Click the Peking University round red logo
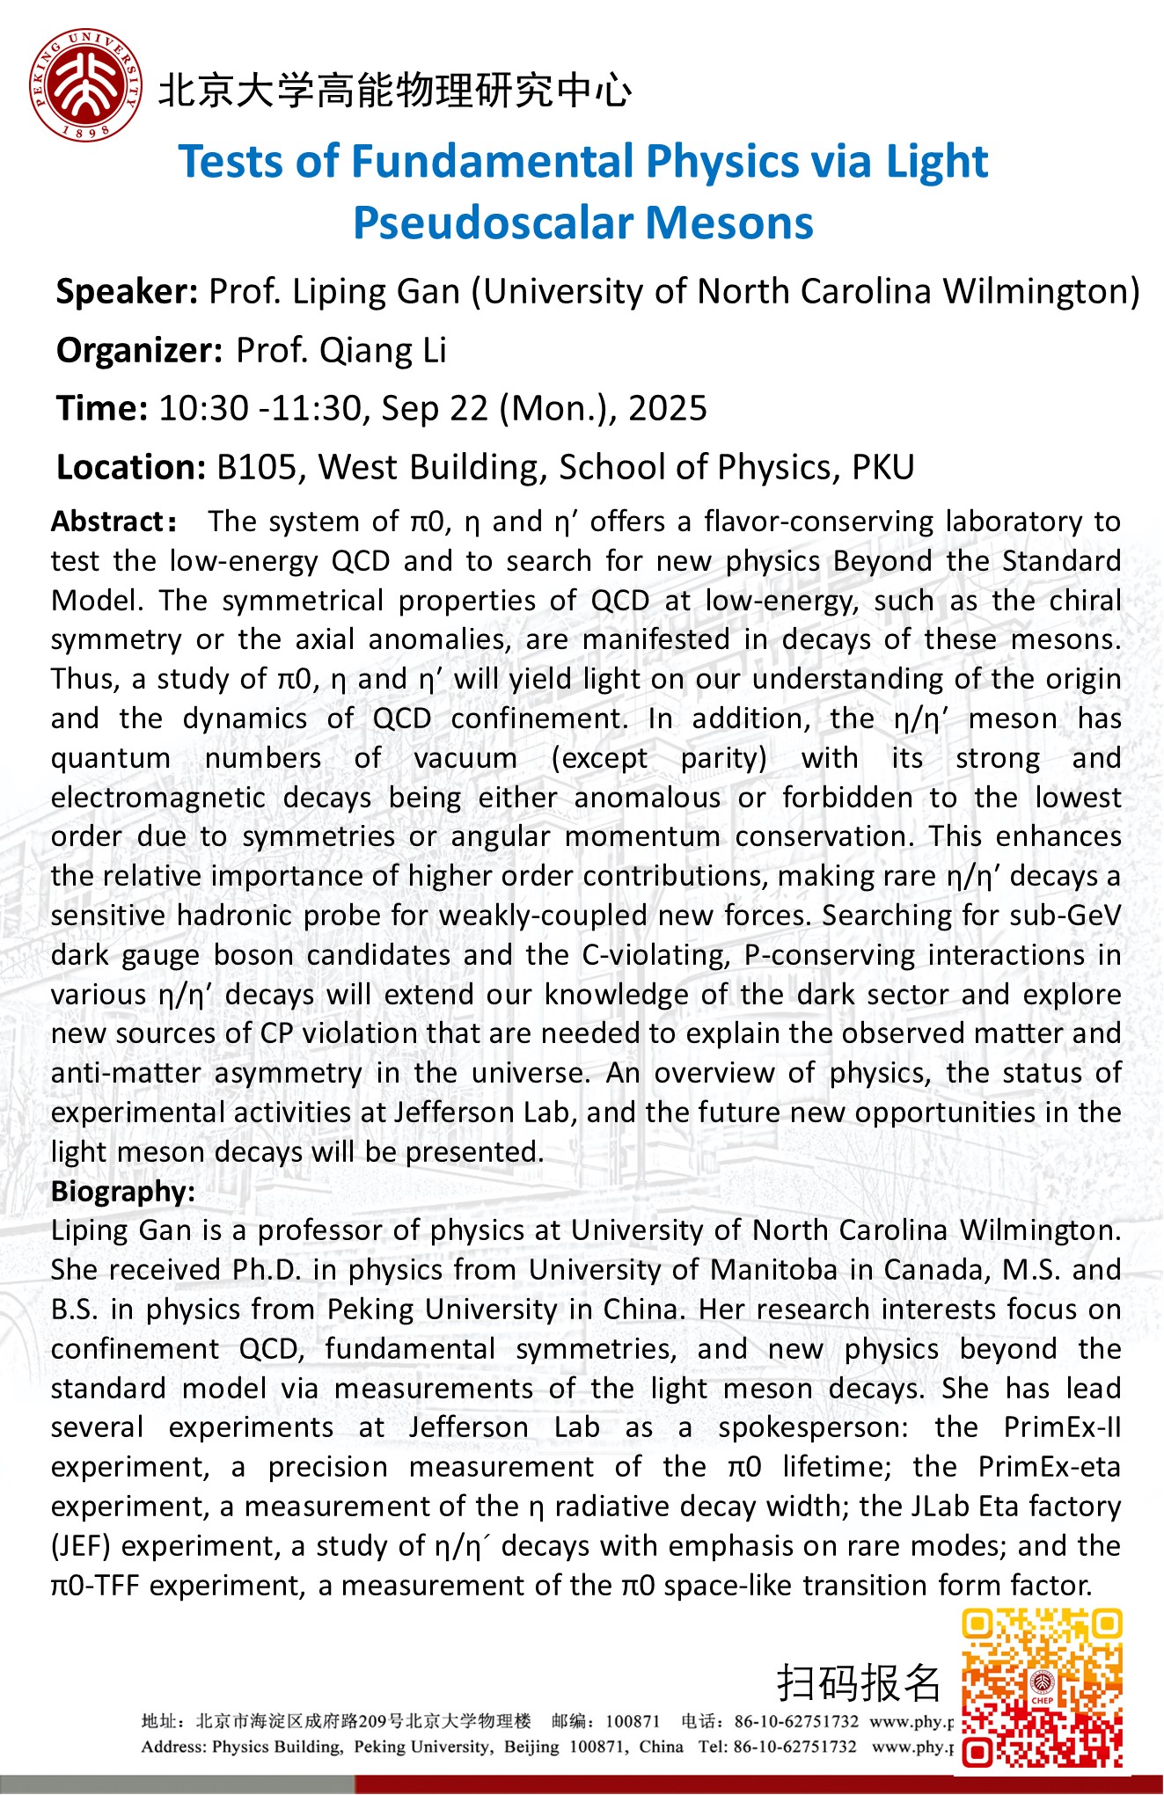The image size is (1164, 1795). click(85, 85)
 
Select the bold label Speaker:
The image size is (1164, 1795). click(127, 292)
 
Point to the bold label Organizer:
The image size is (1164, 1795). click(139, 351)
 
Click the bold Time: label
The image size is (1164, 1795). click(101, 409)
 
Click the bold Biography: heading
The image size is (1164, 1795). click(122, 1192)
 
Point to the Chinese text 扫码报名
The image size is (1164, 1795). click(859, 1683)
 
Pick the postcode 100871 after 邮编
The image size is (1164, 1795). click(633, 1721)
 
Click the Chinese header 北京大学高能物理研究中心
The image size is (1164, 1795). click(395, 91)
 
